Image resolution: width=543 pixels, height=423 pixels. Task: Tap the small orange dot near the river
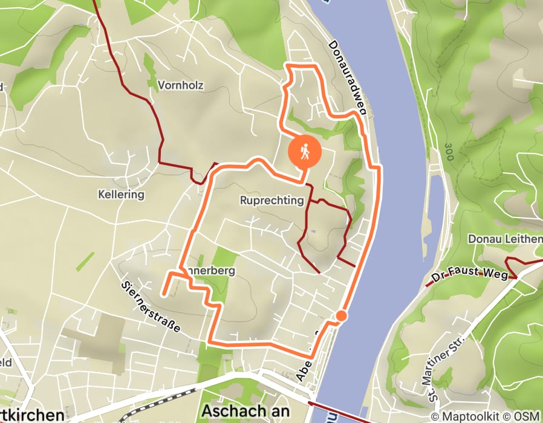coord(341,315)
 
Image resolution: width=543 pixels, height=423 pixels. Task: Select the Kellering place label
coord(122,195)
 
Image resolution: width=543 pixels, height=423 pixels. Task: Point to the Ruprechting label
coord(271,201)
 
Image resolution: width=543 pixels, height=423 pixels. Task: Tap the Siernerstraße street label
coord(151,306)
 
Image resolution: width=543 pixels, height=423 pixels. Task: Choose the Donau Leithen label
coord(505,239)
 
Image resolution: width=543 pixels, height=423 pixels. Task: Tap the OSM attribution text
coord(527,416)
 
